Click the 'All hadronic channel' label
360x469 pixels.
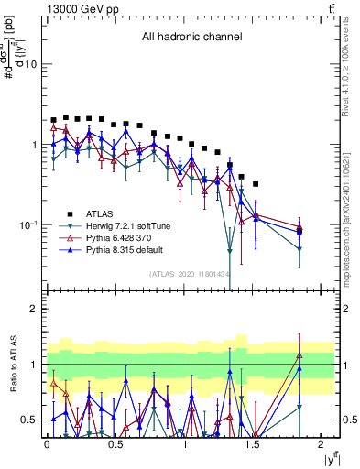click(x=191, y=38)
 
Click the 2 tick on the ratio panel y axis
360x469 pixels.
click(x=33, y=309)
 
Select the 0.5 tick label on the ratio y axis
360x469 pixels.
click(x=28, y=420)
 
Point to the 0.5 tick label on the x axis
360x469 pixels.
click(x=115, y=444)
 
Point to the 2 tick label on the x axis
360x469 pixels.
click(x=322, y=444)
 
